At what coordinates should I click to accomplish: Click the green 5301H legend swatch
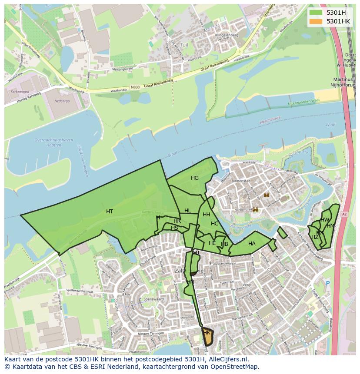pyautogui.click(x=315, y=13)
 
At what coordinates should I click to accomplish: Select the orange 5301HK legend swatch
pyautogui.click(x=315, y=21)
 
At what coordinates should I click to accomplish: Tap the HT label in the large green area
pyautogui.click(x=110, y=212)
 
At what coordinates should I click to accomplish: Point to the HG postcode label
pyautogui.click(x=194, y=178)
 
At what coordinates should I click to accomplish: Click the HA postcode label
pyautogui.click(x=252, y=244)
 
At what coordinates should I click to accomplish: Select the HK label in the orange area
pyautogui.click(x=207, y=333)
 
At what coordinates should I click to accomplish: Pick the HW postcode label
pyautogui.click(x=325, y=220)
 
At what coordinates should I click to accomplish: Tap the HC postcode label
pyautogui.click(x=214, y=224)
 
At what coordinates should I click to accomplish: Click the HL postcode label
pyautogui.click(x=187, y=211)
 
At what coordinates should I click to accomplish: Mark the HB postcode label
pyautogui.click(x=224, y=244)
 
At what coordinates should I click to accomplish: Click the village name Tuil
pyautogui.click(x=184, y=45)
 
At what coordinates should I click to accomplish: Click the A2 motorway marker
pyautogui.click(x=344, y=214)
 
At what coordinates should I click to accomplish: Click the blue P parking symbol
pyautogui.click(x=328, y=283)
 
